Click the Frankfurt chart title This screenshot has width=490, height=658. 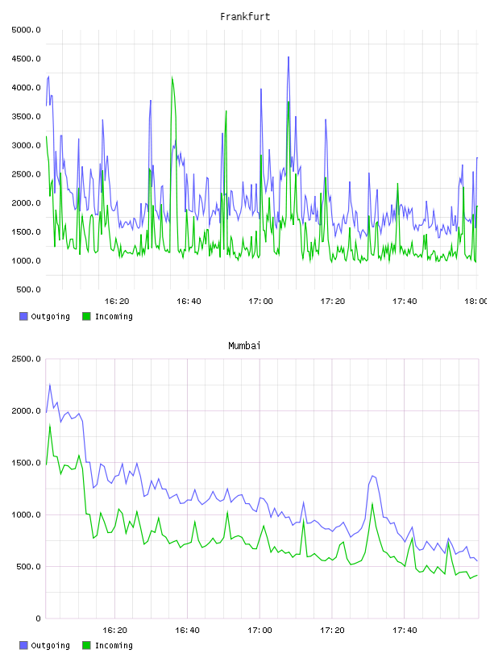click(x=245, y=17)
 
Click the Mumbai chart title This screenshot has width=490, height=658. click(x=244, y=346)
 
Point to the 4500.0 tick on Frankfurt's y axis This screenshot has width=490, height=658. click(x=26, y=59)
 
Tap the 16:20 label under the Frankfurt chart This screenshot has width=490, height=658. click(x=117, y=302)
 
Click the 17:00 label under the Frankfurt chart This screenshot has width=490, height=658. click(x=260, y=302)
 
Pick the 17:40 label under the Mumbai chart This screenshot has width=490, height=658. click(x=405, y=631)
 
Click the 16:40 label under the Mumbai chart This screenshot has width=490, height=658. click(x=187, y=631)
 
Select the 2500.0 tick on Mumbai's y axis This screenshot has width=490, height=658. click(x=26, y=359)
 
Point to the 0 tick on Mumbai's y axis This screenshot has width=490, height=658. click(x=38, y=618)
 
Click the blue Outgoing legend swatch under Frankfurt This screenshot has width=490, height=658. click(x=23, y=316)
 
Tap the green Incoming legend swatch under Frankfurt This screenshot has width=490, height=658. click(x=86, y=316)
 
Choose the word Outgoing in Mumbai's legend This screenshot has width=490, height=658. click(x=50, y=645)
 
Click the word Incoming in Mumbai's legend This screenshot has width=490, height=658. click(x=114, y=645)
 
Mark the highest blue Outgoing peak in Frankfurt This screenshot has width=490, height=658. click(x=289, y=57)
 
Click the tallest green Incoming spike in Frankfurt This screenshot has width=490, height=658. click(x=172, y=77)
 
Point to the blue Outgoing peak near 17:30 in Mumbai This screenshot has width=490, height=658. click(x=372, y=476)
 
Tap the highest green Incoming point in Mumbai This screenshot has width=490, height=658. click(x=50, y=425)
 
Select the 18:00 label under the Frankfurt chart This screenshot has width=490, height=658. click(x=475, y=302)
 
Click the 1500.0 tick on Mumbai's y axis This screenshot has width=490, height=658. click(x=26, y=463)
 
